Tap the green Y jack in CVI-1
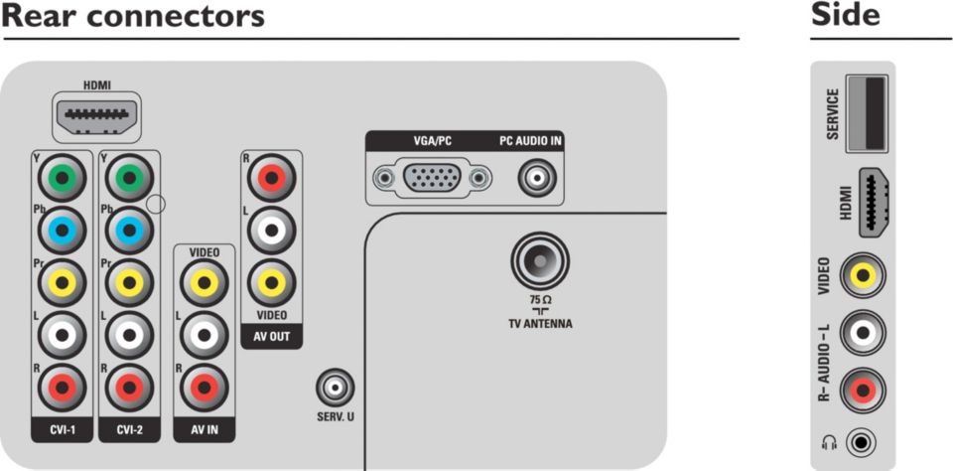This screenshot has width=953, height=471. pos(63,179)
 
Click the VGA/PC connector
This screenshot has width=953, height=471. pos(432,179)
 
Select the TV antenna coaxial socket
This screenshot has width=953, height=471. pos(540,261)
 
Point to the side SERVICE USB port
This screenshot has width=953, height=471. pos(867,112)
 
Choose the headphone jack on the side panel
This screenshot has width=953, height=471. pos(867,441)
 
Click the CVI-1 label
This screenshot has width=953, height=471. pos(62,430)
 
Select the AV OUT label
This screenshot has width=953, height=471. pos(271,336)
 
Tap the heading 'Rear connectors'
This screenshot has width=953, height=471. pos(134,17)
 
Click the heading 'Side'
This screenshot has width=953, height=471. pos(846,16)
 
